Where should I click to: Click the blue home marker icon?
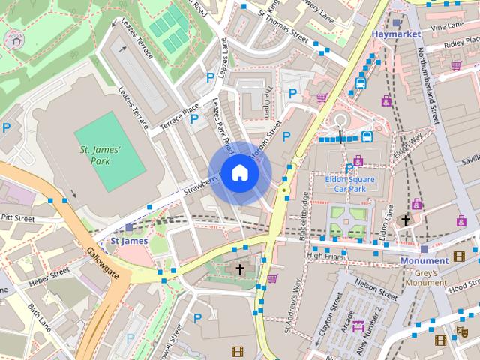coord(239,172)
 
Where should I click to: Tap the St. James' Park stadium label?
coord(100,154)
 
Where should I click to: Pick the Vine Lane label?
coord(448,26)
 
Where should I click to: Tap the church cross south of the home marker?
coord(240,268)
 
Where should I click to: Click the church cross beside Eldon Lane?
coord(406,220)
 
